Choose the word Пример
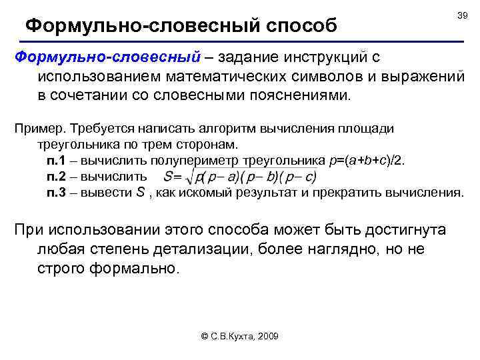click(36, 129)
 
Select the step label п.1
click(57, 161)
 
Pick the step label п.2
click(57, 177)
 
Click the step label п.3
click(57, 193)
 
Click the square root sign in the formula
click(193, 177)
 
